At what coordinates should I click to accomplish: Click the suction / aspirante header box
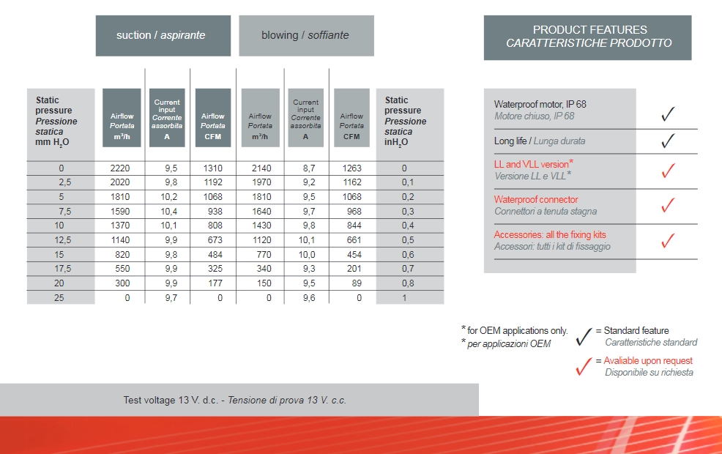tap(163, 35)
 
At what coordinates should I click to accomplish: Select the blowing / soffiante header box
tap(306, 35)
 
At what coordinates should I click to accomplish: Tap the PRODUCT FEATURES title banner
tap(588, 37)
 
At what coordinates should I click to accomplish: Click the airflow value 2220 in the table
tap(119, 168)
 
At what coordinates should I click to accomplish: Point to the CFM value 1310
tap(212, 168)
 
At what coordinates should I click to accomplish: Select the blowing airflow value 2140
tap(261, 168)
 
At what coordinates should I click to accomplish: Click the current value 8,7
tap(309, 168)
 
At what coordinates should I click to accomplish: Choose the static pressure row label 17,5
tap(62, 269)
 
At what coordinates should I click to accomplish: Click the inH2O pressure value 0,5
tap(408, 240)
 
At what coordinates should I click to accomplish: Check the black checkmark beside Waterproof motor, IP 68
tap(667, 114)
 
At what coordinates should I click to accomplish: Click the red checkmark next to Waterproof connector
tap(667, 206)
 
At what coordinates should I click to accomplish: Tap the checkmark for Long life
tap(667, 141)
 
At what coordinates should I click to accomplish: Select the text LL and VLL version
tap(531, 164)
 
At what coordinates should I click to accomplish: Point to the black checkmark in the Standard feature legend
tap(584, 337)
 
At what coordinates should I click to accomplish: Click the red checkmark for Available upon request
tap(584, 366)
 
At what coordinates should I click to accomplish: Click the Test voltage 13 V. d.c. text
tap(172, 401)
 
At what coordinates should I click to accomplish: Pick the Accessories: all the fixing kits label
tap(550, 235)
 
